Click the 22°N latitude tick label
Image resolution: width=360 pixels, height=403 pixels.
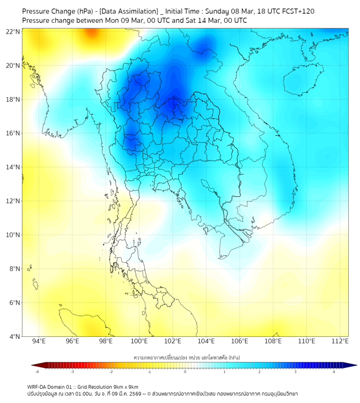(x=13, y=31)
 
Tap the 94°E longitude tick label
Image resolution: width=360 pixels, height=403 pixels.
(x=39, y=341)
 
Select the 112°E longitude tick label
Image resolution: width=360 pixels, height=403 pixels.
(x=340, y=341)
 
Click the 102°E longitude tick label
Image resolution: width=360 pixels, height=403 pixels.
(x=173, y=341)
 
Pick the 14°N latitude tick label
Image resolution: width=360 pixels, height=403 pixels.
(x=13, y=167)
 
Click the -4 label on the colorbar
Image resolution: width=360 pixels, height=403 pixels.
(x=36, y=371)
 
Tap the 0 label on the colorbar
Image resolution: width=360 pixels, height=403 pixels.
(x=185, y=371)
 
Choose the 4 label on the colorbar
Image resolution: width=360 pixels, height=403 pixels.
(x=334, y=371)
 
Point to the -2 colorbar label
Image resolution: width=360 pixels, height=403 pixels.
(x=111, y=371)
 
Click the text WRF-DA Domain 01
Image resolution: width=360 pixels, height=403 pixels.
(x=48, y=386)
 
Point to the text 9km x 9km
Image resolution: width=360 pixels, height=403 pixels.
(x=126, y=386)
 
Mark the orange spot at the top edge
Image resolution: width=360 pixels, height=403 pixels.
(x=92, y=33)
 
